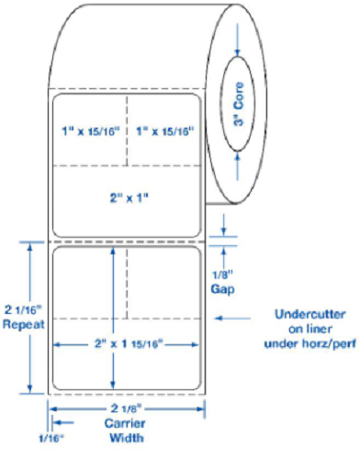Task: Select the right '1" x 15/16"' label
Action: pyautogui.click(x=164, y=131)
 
